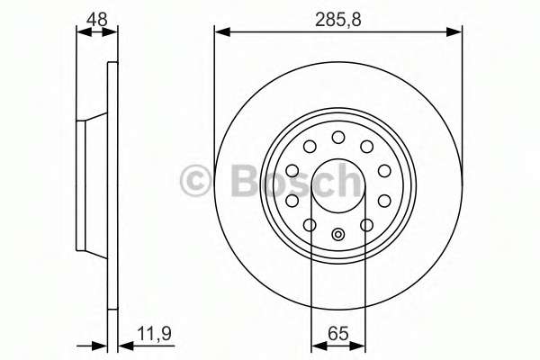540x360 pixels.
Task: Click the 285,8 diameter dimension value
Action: point(337,19)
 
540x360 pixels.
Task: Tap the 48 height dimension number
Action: point(97,19)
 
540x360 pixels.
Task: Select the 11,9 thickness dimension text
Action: point(154,333)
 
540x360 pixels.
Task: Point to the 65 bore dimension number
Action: point(338,333)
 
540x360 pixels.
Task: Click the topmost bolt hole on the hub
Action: point(338,138)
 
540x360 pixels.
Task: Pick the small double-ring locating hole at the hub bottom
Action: point(338,235)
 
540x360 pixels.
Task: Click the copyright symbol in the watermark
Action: point(195,181)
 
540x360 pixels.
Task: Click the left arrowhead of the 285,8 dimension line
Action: point(222,32)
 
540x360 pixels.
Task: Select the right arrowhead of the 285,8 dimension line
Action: point(454,32)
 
